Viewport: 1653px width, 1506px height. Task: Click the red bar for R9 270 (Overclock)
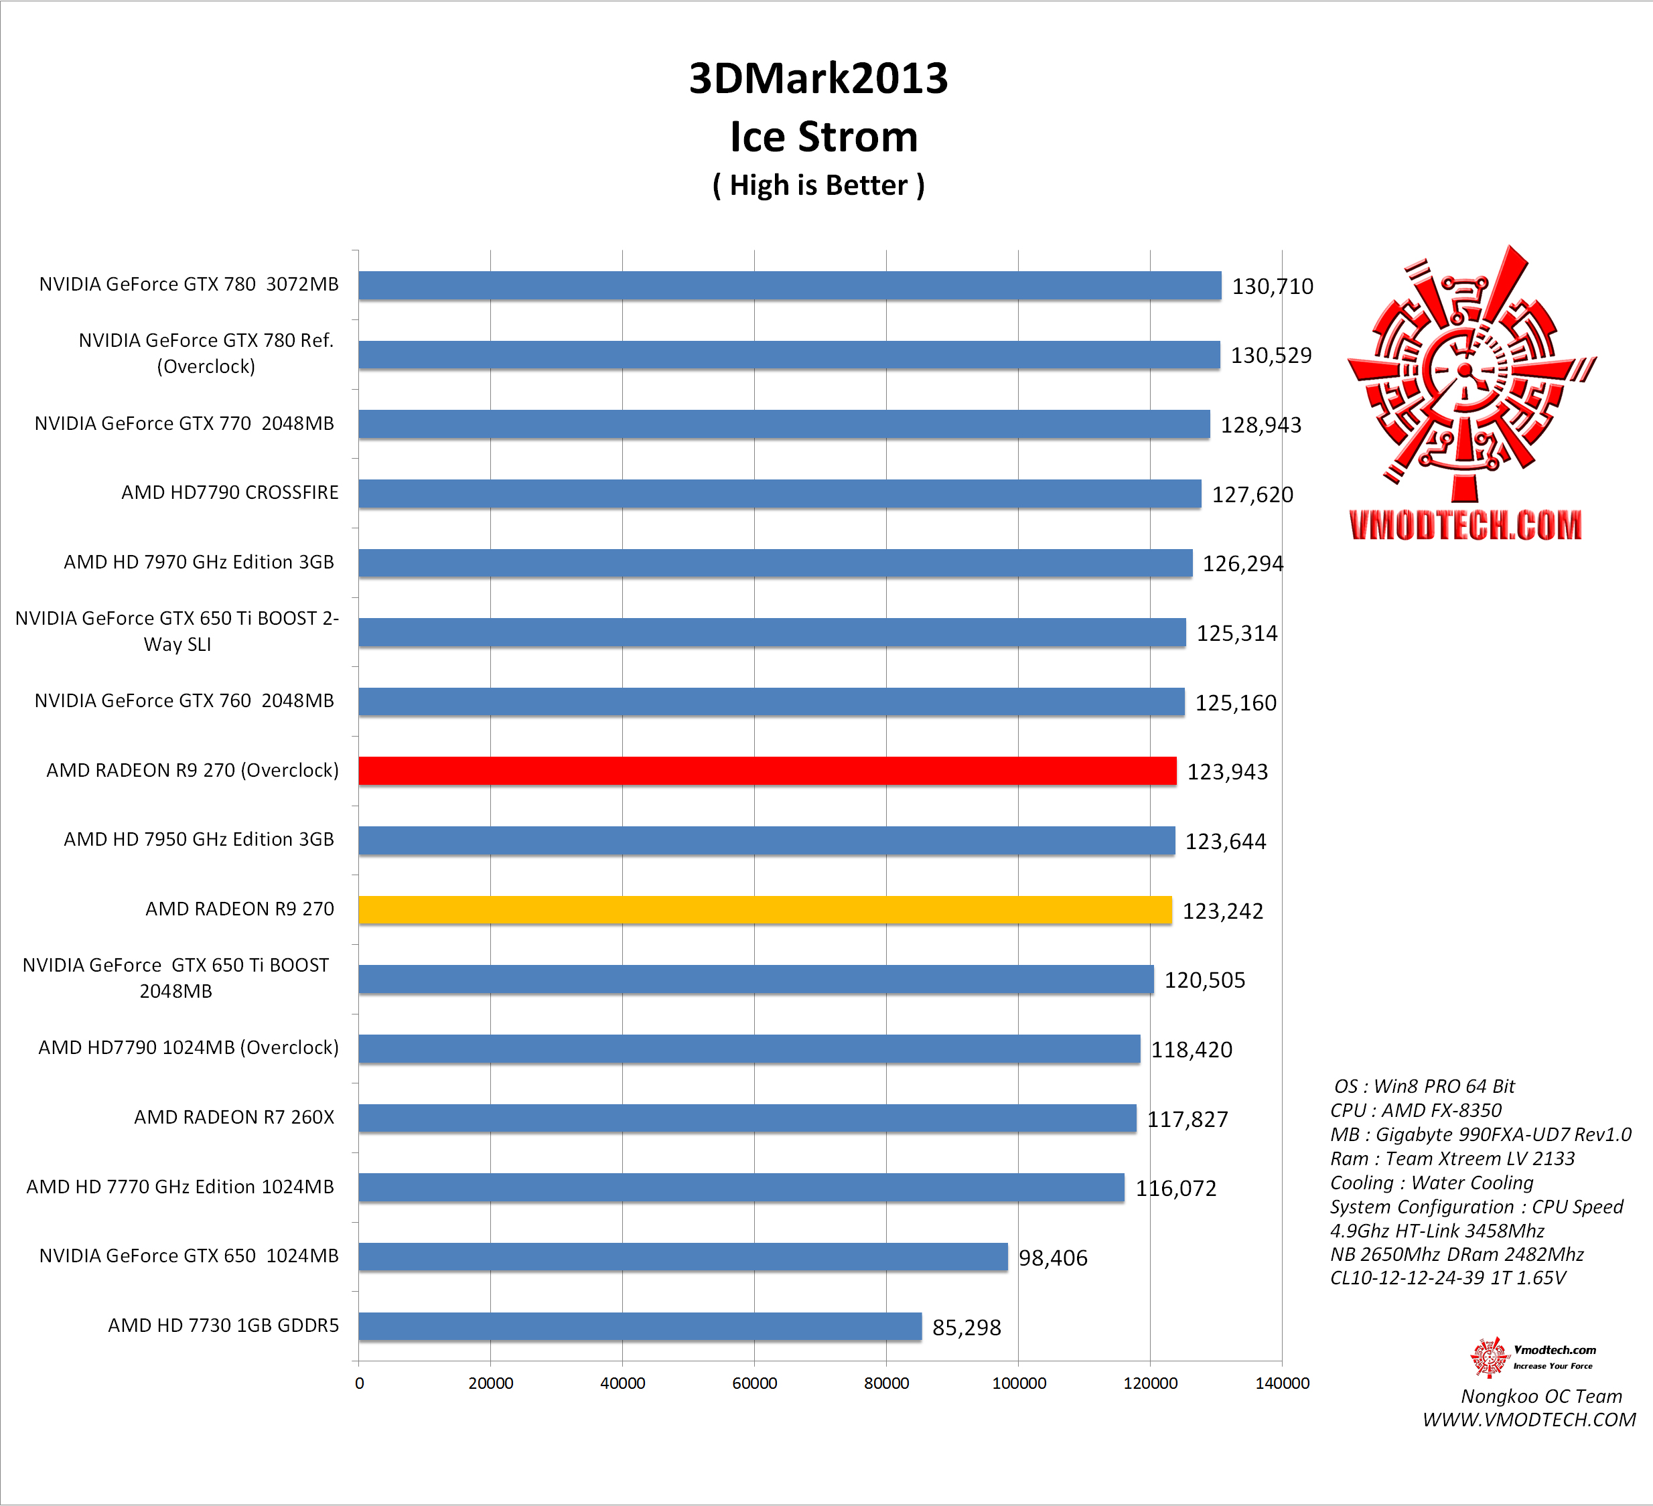point(767,771)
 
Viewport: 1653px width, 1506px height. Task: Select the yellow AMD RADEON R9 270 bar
point(764,910)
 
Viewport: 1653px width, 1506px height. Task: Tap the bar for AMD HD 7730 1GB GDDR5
point(640,1327)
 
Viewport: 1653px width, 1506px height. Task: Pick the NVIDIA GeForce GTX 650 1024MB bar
point(682,1257)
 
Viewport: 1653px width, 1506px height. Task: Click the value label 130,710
point(1272,286)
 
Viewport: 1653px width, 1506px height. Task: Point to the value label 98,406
point(1053,1258)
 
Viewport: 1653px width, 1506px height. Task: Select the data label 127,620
point(1252,494)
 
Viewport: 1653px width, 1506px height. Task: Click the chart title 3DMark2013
point(818,79)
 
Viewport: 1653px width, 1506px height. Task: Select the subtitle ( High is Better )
point(818,185)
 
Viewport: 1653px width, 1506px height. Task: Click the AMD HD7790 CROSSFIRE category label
point(230,493)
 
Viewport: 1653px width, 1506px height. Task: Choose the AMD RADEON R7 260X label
point(234,1118)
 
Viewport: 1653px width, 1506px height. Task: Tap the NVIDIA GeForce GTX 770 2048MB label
point(184,424)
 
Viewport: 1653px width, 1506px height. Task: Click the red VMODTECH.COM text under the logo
point(1465,526)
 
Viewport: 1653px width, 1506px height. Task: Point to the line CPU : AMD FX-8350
point(1416,1111)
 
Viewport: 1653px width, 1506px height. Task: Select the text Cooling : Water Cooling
point(1431,1183)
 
